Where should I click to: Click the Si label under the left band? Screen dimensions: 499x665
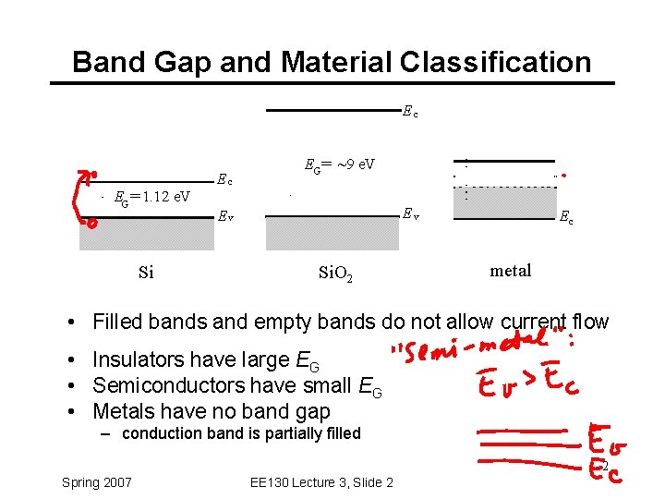coord(146,273)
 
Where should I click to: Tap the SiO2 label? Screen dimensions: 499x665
coord(335,274)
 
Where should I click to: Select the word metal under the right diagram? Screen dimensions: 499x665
coord(511,271)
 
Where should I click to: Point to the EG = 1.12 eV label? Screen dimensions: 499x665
coord(151,196)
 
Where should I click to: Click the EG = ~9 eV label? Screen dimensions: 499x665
coord(339,165)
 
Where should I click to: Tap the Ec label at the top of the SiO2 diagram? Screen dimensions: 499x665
coord(410,113)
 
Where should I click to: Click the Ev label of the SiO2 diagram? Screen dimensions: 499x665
coord(410,214)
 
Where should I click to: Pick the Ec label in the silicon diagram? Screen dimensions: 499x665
coord(224,179)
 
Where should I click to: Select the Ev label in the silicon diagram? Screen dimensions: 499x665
coord(224,217)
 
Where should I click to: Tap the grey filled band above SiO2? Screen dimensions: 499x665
coord(333,235)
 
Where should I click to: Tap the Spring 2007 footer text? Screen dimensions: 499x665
coord(96,482)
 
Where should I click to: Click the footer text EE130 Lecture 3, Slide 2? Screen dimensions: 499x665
coord(321,482)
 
